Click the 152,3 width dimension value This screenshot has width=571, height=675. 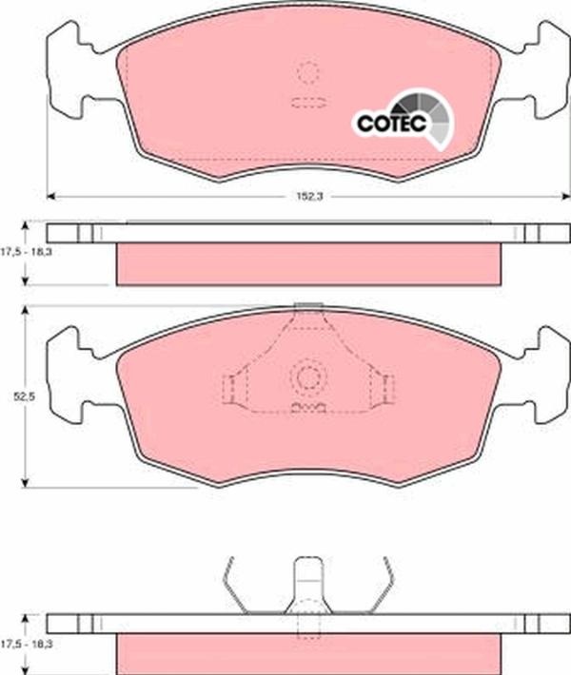click(303, 198)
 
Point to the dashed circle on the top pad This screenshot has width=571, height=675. click(307, 72)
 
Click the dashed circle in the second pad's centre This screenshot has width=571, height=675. click(308, 377)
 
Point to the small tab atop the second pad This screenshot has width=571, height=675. click(306, 305)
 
